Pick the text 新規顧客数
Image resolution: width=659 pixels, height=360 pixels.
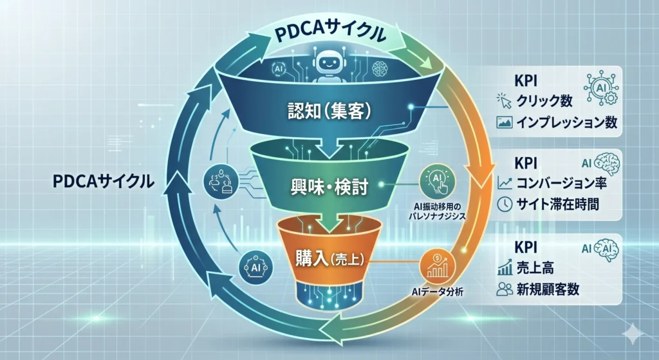548,289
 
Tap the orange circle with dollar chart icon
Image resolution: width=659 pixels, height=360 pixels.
438,264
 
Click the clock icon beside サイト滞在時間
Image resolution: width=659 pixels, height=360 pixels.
505,204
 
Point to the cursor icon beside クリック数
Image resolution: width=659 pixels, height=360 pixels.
504,101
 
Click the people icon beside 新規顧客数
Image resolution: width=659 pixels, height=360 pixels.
504,289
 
